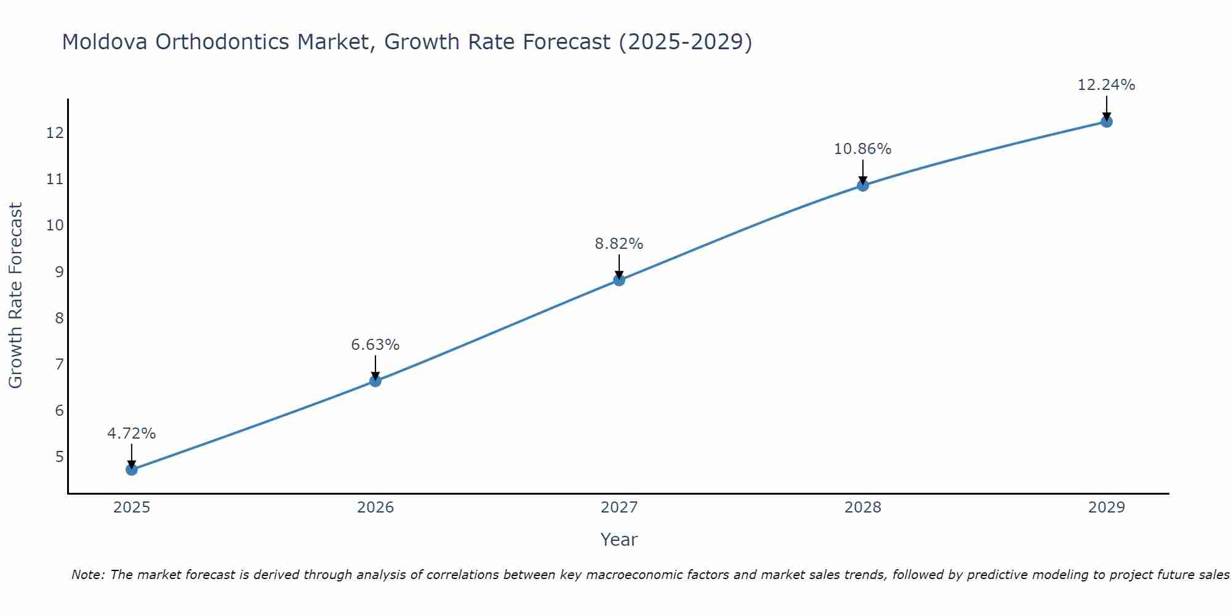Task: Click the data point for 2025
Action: (x=132, y=469)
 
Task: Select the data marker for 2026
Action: (x=375, y=381)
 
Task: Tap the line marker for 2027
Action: (x=619, y=280)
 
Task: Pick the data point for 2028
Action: (x=863, y=185)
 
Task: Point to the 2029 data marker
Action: (x=1107, y=121)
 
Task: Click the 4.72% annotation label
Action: (x=132, y=434)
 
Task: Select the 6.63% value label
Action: (x=375, y=345)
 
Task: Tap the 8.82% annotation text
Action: (x=619, y=244)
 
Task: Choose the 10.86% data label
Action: (x=863, y=149)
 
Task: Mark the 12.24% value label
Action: (x=1107, y=85)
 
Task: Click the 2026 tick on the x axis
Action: (x=375, y=508)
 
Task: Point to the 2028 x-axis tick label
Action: (x=863, y=508)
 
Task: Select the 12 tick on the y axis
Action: (x=55, y=133)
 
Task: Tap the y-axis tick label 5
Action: (x=59, y=456)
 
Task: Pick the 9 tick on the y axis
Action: (x=59, y=272)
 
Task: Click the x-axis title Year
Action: (x=619, y=540)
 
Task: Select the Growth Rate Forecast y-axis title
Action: (x=15, y=295)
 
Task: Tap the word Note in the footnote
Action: (x=88, y=575)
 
